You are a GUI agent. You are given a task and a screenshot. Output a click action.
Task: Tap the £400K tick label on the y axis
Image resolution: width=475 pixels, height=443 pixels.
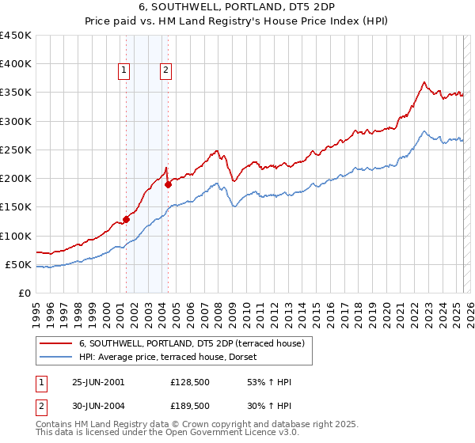click(16, 64)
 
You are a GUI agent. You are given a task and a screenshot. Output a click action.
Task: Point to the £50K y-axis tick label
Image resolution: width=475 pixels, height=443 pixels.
click(19, 264)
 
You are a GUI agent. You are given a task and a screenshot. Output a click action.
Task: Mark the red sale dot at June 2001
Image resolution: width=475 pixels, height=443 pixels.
click(127, 220)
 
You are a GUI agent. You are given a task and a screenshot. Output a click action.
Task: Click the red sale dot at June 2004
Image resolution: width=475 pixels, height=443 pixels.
click(168, 185)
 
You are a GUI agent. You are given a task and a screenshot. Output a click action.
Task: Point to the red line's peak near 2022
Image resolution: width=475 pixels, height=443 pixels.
click(425, 82)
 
